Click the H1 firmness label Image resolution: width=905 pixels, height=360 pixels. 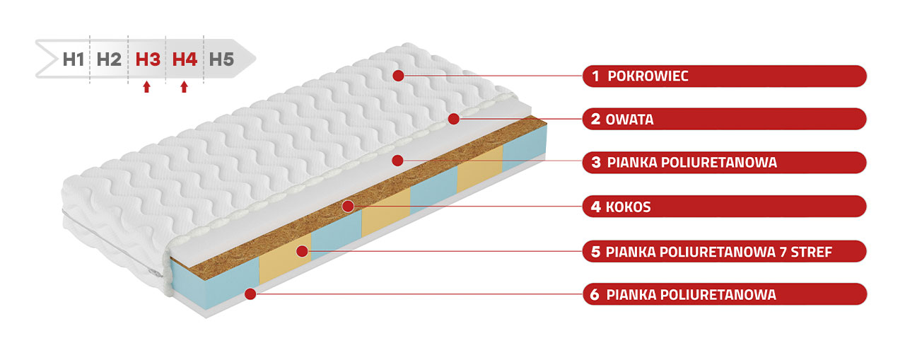click(x=74, y=59)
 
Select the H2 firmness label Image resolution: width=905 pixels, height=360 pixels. click(x=109, y=59)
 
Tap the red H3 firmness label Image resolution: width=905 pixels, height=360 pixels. click(x=148, y=59)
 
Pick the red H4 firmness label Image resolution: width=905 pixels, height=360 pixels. click(x=185, y=59)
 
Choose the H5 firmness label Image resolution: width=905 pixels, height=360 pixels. click(x=221, y=59)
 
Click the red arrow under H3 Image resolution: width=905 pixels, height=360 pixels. click(x=146, y=87)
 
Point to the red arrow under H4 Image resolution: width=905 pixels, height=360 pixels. click(x=185, y=87)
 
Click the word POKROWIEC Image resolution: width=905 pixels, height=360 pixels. click(x=648, y=76)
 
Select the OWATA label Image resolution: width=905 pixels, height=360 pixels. click(x=629, y=120)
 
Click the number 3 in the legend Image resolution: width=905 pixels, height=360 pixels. click(x=595, y=163)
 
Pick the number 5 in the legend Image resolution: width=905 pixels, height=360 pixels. click(x=595, y=251)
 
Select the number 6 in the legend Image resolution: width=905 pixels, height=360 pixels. click(x=595, y=295)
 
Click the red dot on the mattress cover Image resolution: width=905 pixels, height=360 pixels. click(x=399, y=75)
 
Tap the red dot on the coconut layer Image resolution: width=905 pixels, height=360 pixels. click(x=347, y=207)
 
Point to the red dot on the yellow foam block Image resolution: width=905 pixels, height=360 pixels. click(x=302, y=250)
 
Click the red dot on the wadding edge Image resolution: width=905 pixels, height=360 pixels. click(x=454, y=119)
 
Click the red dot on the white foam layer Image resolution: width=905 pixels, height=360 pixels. click(x=398, y=160)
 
